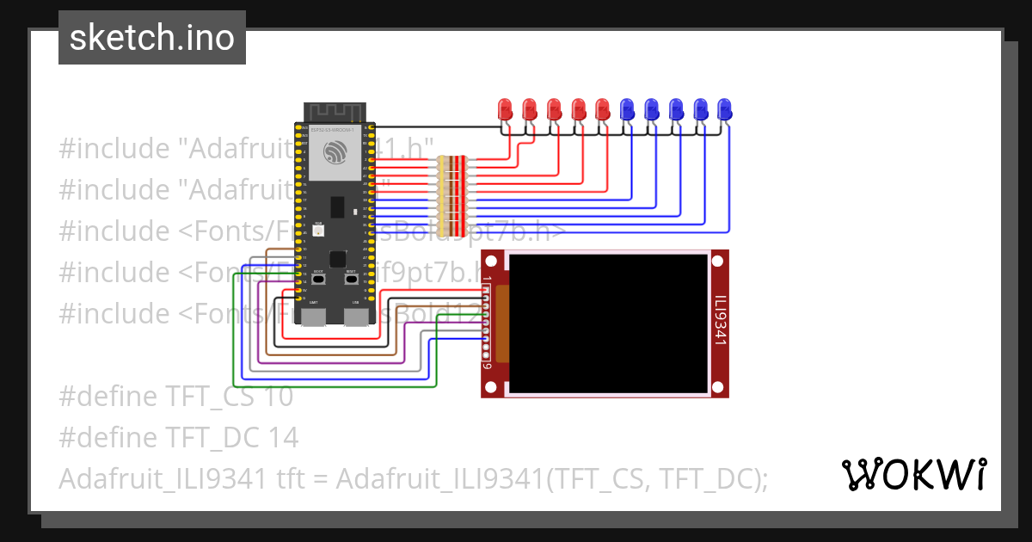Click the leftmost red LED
pos(505,109)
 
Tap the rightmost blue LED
pos(725,109)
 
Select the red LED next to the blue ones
pos(602,109)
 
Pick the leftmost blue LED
pos(627,109)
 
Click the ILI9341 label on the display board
pos(720,322)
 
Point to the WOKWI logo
pos(913,474)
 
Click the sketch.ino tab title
pos(152,38)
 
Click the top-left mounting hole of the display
pos(491,260)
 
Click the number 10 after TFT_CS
pos(279,397)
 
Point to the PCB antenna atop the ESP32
pos(335,113)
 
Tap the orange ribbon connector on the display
pos(502,323)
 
